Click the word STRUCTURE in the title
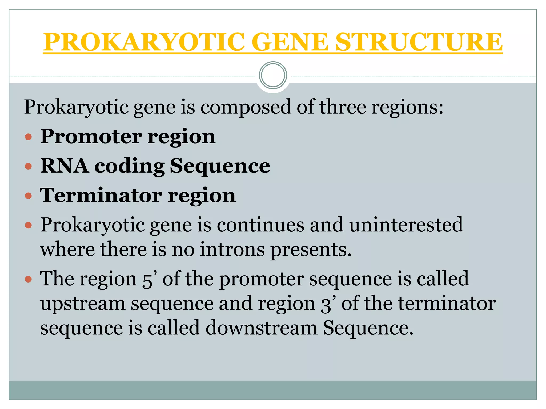pyautogui.click(x=419, y=42)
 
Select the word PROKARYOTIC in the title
pyautogui.click(x=144, y=42)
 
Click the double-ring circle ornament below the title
pyautogui.click(x=273, y=75)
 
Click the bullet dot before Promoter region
pyautogui.click(x=28, y=137)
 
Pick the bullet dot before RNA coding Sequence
pyautogui.click(x=28, y=167)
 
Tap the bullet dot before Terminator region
pyautogui.click(x=28, y=196)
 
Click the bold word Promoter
pyautogui.click(x=91, y=136)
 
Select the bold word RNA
pyautogui.click(x=64, y=166)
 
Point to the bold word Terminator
pyautogui.click(x=101, y=195)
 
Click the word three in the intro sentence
pyautogui.click(x=343, y=107)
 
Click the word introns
pyautogui.click(x=232, y=250)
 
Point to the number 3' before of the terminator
pyautogui.click(x=327, y=304)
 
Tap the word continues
pyautogui.click(x=260, y=225)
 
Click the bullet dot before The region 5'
pyautogui.click(x=28, y=280)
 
